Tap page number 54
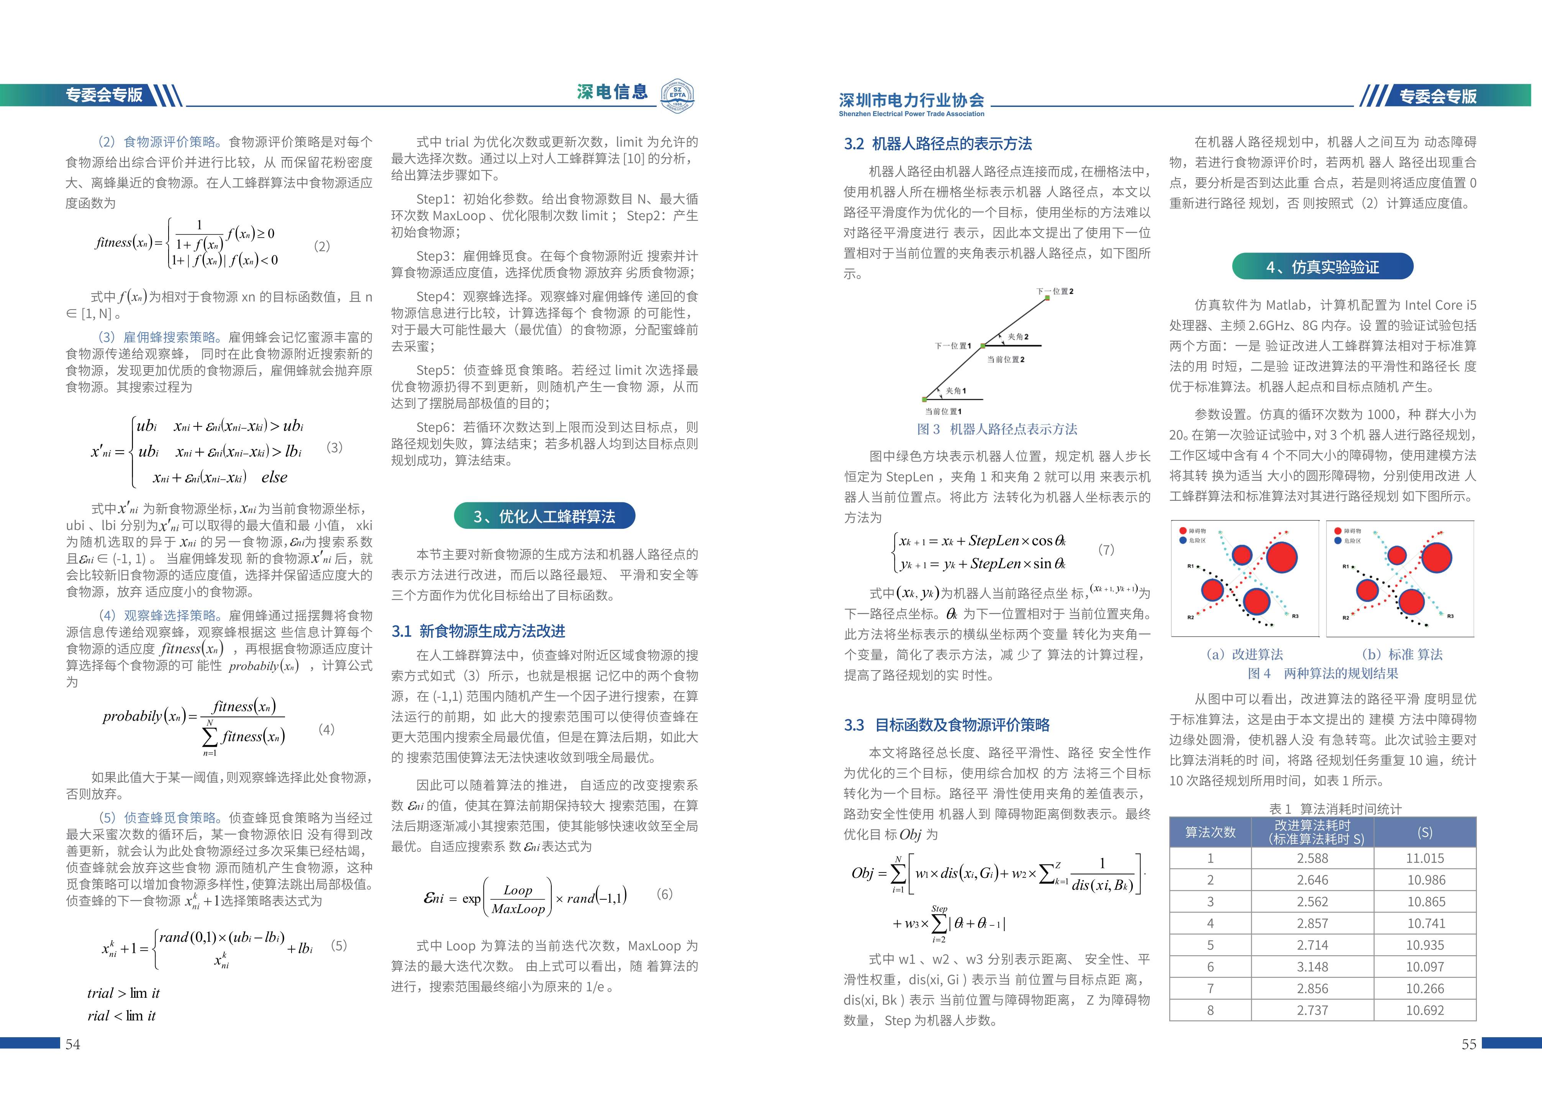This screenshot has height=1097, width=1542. [x=72, y=1044]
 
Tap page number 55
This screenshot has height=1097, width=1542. [x=1468, y=1044]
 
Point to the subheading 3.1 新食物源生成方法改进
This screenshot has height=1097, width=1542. [x=478, y=631]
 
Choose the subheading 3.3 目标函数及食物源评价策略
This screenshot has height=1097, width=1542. [x=947, y=725]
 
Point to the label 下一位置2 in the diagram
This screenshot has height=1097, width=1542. [x=1055, y=291]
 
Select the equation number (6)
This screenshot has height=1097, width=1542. [x=665, y=894]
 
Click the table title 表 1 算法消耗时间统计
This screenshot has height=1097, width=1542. [x=1322, y=808]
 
